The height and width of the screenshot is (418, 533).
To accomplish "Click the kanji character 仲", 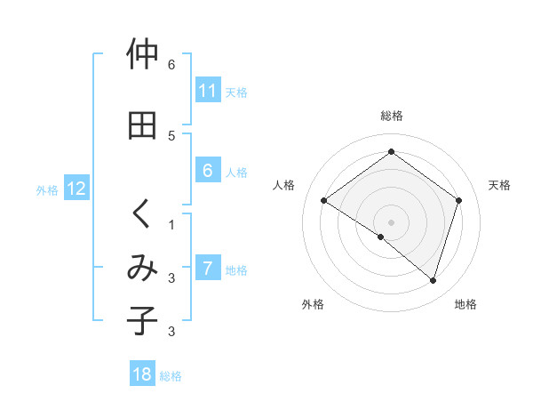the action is tap(142, 55).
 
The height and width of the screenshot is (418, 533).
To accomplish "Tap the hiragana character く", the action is tap(142, 213).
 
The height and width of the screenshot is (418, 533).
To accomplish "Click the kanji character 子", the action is tap(142, 321).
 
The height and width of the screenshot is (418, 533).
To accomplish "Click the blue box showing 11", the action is tap(207, 92).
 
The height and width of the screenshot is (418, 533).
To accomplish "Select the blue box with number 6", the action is tap(207, 172).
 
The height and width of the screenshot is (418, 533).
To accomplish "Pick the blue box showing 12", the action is tap(76, 189).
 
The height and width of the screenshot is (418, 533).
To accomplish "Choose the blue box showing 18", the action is tap(142, 375).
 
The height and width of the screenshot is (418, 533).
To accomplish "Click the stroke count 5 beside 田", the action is tap(171, 135).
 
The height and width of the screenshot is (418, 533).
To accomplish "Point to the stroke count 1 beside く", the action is tap(171, 224).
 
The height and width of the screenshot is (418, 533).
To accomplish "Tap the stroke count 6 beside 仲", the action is tap(171, 65).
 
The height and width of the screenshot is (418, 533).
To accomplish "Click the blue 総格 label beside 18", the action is tap(171, 376).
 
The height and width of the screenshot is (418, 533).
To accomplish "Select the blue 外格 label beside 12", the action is tap(47, 189).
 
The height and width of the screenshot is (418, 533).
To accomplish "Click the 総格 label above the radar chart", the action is tap(392, 116).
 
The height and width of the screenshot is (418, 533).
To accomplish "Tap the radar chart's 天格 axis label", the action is tap(499, 185).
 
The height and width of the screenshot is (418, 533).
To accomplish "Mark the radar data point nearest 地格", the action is tap(434, 281).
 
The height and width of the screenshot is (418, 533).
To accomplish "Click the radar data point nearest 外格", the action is tap(381, 237).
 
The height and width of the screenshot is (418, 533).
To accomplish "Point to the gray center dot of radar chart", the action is tap(391, 221).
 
